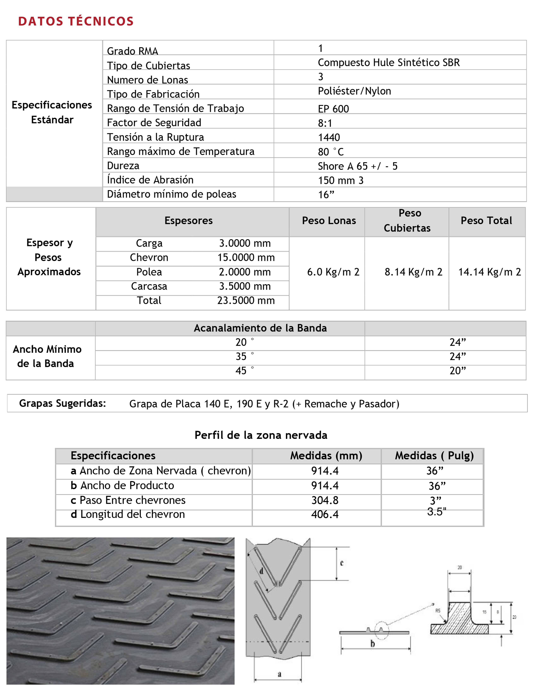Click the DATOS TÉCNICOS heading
point(76,21)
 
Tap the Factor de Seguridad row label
point(154,123)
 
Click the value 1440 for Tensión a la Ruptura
point(329,137)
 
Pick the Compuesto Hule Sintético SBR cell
point(388,62)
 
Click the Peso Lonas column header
point(329,221)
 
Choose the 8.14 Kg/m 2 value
point(413,272)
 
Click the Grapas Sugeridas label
point(62,403)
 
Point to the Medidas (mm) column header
point(326,456)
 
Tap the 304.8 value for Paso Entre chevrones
point(325,500)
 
